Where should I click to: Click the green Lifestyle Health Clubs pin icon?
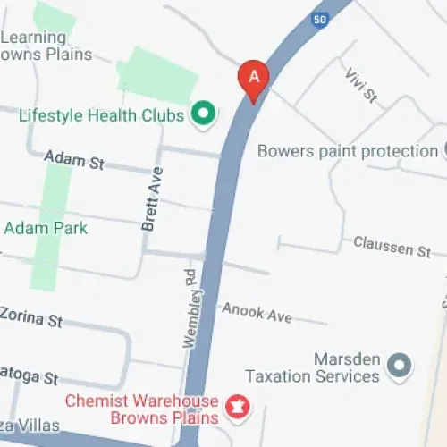pos(204,114)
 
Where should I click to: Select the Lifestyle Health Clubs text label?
pos(101,115)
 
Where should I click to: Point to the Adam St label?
pos(75,161)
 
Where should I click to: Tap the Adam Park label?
pos(46,228)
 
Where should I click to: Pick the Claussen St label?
pos(392,245)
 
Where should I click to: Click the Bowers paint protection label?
pos(347,151)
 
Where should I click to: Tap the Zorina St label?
pos(31,317)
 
